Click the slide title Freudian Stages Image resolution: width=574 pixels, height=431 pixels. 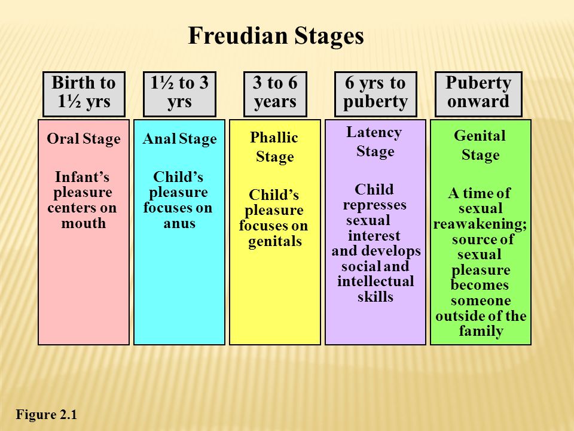click(x=276, y=36)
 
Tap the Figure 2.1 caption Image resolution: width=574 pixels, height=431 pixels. click(x=47, y=414)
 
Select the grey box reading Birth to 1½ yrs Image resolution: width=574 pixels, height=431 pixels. click(x=84, y=94)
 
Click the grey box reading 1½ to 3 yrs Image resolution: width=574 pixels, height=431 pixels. click(x=179, y=94)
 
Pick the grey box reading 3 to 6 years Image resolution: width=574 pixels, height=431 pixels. click(x=275, y=94)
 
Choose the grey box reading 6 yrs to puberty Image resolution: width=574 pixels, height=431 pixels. click(x=375, y=94)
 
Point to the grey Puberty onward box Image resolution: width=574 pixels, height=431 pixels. click(x=478, y=94)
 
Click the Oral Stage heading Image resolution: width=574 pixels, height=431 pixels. click(x=84, y=139)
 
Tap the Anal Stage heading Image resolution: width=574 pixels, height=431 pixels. click(x=179, y=139)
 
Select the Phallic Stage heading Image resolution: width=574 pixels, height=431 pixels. click(x=274, y=147)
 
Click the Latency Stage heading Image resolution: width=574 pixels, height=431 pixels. click(x=374, y=142)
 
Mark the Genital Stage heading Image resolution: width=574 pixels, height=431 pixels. click(x=480, y=145)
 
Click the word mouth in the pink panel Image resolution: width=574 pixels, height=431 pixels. click(x=84, y=223)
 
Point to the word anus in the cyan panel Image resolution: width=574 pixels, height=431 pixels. click(x=179, y=223)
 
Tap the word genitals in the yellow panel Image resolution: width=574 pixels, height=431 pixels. click(x=275, y=241)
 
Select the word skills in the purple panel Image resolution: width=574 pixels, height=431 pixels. click(x=375, y=296)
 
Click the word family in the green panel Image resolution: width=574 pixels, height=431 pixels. click(x=481, y=331)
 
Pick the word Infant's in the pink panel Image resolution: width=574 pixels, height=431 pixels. click(x=82, y=177)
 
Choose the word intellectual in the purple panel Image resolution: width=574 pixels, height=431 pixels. click(x=375, y=281)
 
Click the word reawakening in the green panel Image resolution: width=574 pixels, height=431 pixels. click(x=480, y=223)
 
